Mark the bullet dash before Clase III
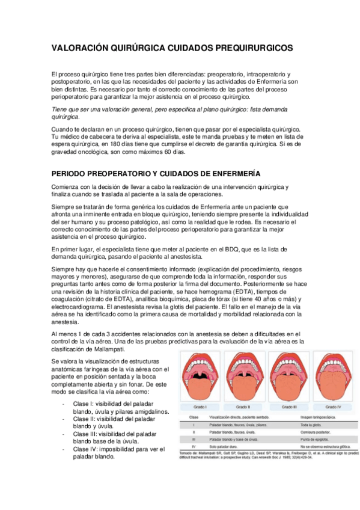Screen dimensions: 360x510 (64, 433)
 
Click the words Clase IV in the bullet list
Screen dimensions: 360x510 (83, 449)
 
